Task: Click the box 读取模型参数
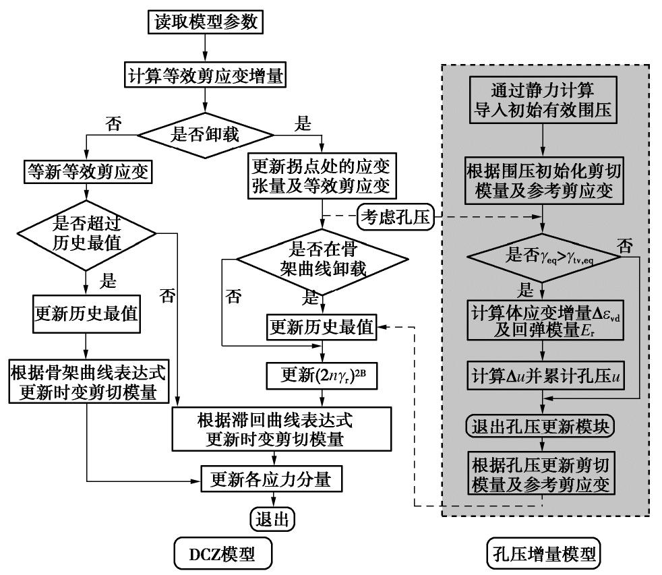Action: (204, 23)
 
